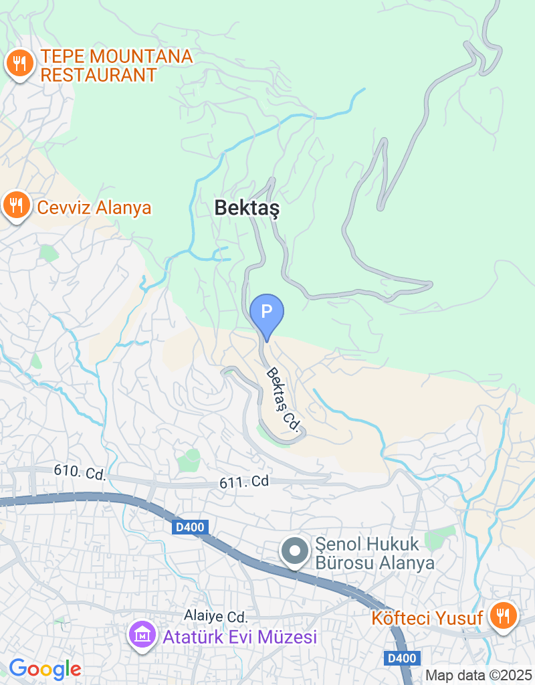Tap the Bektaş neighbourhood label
pyautogui.click(x=247, y=208)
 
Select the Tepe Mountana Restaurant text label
pyautogui.click(x=116, y=66)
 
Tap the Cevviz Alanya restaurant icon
pyautogui.click(x=15, y=206)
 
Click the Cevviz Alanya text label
pyautogui.click(x=94, y=207)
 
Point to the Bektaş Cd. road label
pyautogui.click(x=282, y=399)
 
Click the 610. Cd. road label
pyautogui.click(x=80, y=473)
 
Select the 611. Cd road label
pyautogui.click(x=243, y=481)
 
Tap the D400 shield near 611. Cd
pyautogui.click(x=190, y=528)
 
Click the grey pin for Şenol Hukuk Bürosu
pyautogui.click(x=294, y=553)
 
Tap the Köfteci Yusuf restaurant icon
pyautogui.click(x=503, y=615)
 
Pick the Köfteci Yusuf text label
pyautogui.click(x=427, y=618)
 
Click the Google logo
pyautogui.click(x=45, y=668)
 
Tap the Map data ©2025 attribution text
pyautogui.click(x=478, y=676)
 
